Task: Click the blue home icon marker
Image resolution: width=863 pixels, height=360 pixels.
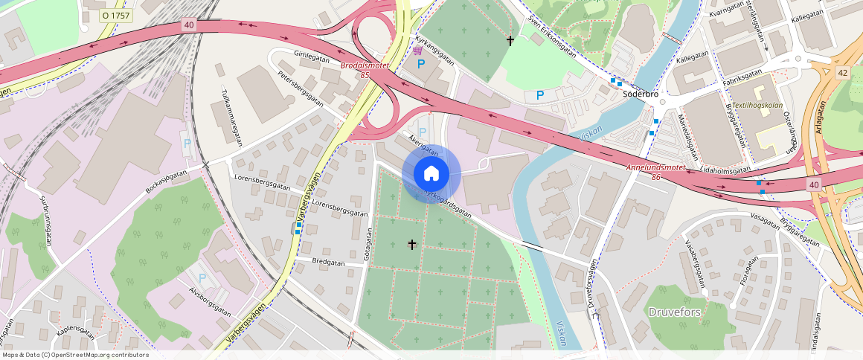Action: click(x=431, y=174)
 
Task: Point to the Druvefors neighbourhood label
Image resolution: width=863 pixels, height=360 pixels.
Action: click(x=675, y=312)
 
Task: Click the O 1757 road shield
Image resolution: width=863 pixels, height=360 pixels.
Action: click(x=115, y=14)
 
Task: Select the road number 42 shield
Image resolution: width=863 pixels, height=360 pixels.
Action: click(x=842, y=72)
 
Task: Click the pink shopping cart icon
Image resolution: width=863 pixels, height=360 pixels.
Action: click(x=418, y=50)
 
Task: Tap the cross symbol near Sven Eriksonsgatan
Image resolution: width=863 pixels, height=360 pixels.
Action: click(x=510, y=40)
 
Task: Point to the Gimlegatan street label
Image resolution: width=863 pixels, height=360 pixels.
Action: click(x=311, y=54)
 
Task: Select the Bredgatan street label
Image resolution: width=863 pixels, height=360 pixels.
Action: click(x=329, y=262)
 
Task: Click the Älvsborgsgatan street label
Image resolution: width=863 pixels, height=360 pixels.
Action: click(x=210, y=301)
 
